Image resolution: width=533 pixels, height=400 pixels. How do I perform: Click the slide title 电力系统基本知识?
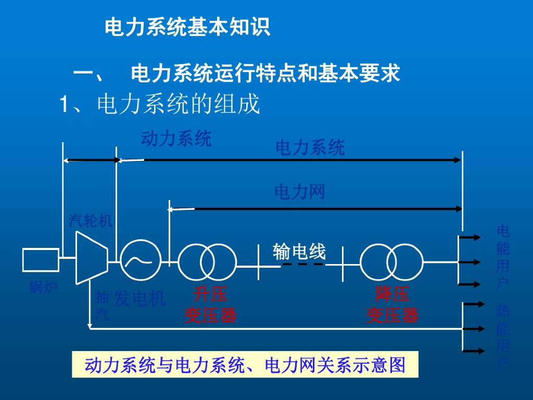(x=187, y=27)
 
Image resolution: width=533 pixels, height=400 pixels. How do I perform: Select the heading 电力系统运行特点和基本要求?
(x=265, y=73)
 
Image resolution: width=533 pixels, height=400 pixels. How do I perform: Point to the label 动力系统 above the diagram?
(x=176, y=139)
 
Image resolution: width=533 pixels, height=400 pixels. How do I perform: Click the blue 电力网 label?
(x=299, y=192)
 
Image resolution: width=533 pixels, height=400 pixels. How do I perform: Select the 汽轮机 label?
(x=91, y=221)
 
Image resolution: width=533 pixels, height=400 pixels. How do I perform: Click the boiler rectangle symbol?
(x=41, y=260)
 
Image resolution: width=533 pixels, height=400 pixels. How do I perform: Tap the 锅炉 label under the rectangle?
(x=43, y=287)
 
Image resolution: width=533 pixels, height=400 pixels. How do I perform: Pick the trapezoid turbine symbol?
(x=91, y=258)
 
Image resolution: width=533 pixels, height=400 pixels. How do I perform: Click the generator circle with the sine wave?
(x=141, y=260)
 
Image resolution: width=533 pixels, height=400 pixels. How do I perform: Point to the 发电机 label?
(x=139, y=299)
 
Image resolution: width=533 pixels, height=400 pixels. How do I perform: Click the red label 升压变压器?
(x=210, y=305)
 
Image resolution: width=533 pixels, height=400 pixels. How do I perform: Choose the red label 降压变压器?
(x=392, y=305)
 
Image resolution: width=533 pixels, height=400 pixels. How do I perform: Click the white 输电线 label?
(x=299, y=252)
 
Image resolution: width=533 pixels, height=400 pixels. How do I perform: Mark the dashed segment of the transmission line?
(x=302, y=265)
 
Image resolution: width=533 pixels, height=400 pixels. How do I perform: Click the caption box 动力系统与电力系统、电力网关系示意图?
(x=245, y=365)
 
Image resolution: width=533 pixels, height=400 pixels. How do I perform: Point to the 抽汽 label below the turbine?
(x=102, y=306)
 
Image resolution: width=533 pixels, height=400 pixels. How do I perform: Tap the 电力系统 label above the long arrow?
(x=310, y=148)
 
